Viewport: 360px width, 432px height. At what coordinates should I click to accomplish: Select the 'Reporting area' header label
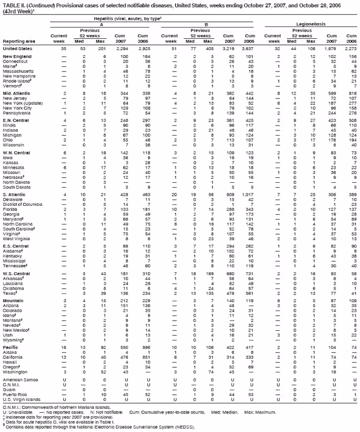(17, 41)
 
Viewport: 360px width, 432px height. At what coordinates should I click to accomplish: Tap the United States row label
(18, 48)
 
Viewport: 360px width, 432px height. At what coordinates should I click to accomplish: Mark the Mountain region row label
(14, 317)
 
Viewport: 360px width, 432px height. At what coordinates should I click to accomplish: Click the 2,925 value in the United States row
(149, 48)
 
